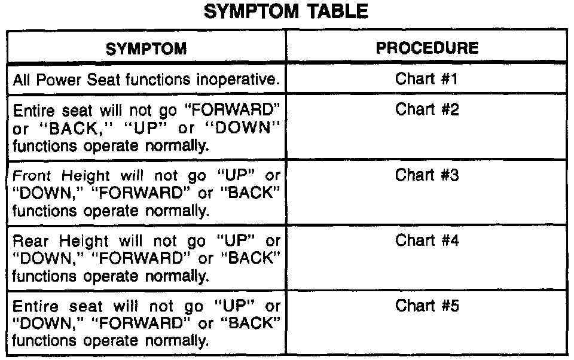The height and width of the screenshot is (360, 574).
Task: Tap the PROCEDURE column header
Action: pyautogui.click(x=427, y=48)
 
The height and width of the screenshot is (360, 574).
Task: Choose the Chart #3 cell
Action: pyautogui.click(x=427, y=176)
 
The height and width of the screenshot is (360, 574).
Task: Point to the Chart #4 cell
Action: pyautogui.click(x=427, y=241)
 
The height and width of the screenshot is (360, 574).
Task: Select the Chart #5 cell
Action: pyautogui.click(x=427, y=306)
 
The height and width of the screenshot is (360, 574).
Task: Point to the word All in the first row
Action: pyautogui.click(x=22, y=80)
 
